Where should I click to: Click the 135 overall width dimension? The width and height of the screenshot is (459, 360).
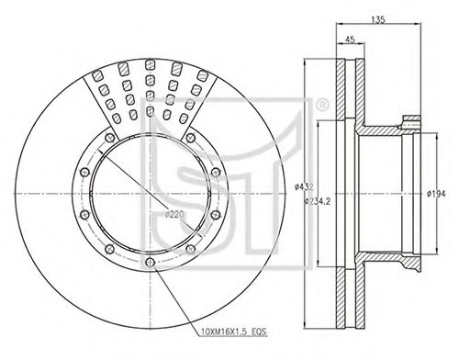point(378,19)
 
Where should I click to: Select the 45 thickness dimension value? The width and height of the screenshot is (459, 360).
point(350,39)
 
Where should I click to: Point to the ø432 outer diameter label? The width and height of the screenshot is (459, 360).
point(304,186)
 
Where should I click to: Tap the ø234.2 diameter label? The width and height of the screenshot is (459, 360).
point(318,201)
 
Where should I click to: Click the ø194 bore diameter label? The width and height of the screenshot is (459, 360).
point(436,194)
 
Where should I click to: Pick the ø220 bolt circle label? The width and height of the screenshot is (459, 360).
point(174,214)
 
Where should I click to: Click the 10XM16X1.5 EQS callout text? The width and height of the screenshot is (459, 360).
point(234,332)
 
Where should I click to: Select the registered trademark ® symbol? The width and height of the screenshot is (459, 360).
point(321,105)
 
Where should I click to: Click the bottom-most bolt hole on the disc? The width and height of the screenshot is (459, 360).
point(150,262)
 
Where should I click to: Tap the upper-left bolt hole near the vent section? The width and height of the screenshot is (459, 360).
point(109,138)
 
